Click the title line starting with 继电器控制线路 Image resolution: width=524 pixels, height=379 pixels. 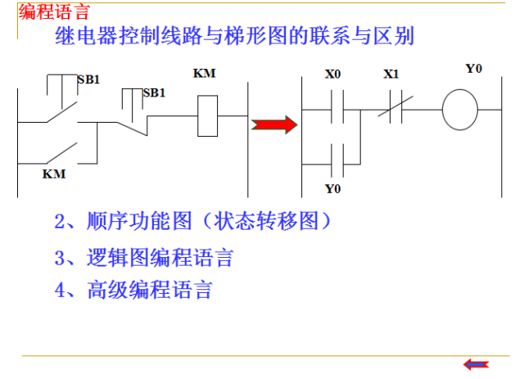234,37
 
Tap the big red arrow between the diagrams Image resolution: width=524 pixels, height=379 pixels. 274,125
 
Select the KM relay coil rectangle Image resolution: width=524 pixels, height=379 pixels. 208,115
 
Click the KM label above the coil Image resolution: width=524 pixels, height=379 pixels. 204,74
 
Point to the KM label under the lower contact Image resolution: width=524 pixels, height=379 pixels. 54,174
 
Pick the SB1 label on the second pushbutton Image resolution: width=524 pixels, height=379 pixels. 154,92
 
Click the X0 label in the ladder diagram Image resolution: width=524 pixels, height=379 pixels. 332,74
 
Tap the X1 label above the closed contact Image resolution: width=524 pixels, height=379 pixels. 391,74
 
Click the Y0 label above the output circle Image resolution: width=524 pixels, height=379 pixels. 473,69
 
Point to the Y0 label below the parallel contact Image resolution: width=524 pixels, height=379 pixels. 332,189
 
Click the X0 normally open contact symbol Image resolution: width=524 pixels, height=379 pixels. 332,111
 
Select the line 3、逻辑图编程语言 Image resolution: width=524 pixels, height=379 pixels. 144,259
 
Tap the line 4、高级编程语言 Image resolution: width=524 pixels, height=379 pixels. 133,291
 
